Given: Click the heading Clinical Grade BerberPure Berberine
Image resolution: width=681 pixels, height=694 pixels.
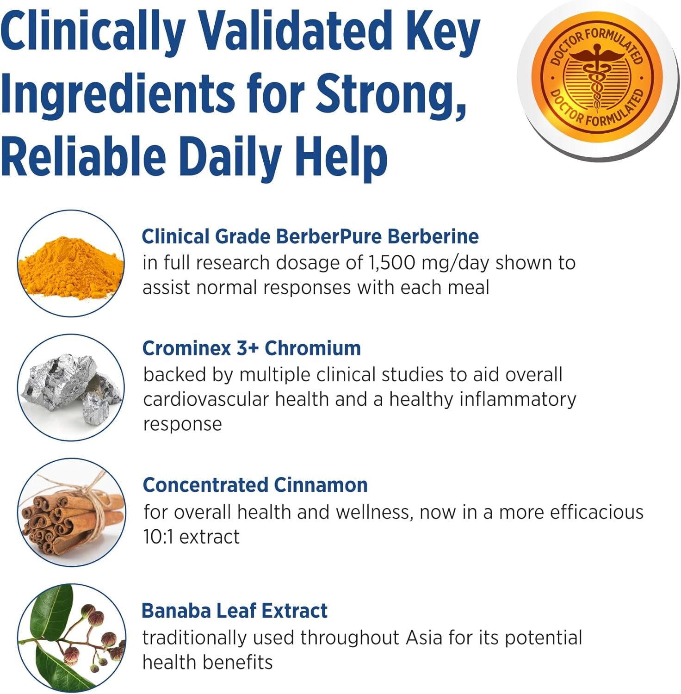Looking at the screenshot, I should (x=310, y=236).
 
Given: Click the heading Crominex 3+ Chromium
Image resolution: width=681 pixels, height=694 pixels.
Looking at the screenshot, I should (x=252, y=348).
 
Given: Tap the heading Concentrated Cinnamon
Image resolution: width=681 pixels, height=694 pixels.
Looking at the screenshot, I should (x=255, y=485).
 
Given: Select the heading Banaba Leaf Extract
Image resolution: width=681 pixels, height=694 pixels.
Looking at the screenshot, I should (x=235, y=611).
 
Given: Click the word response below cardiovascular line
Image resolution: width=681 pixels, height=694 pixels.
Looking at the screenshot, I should (x=182, y=424).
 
